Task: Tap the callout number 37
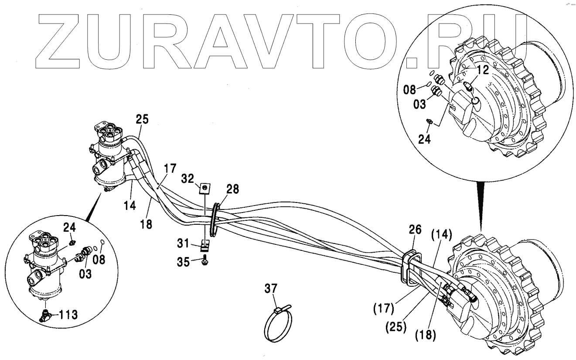[271, 288]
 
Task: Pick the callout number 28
[232, 189]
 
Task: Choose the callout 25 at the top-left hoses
[142, 119]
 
